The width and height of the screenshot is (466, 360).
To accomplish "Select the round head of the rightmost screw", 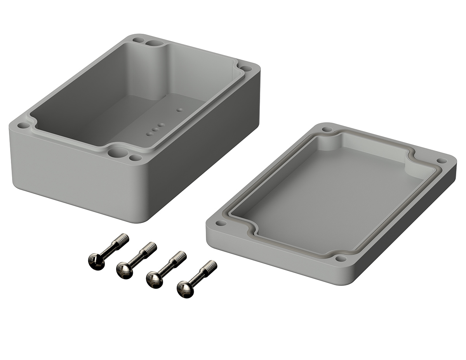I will (x=184, y=289).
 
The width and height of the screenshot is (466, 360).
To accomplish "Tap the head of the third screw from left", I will (x=154, y=280).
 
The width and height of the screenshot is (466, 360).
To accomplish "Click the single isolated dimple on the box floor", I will (x=179, y=110).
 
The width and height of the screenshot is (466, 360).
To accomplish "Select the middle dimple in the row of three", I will (x=155, y=130).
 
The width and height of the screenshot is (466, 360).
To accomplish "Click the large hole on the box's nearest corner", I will (x=115, y=152).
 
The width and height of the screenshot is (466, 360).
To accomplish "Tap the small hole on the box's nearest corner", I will (x=135, y=158).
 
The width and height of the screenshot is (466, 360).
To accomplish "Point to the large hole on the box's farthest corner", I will (x=155, y=43).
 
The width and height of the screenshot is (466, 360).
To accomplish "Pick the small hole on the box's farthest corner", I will (x=138, y=40).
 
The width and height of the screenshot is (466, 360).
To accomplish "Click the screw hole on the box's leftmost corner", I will (x=23, y=126).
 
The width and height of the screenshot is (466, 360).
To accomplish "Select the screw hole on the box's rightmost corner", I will (x=246, y=69).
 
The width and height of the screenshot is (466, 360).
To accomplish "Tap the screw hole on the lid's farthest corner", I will (x=327, y=129).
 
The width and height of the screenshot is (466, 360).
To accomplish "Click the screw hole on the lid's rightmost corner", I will (x=441, y=160).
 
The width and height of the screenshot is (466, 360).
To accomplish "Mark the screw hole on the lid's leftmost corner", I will (x=221, y=223).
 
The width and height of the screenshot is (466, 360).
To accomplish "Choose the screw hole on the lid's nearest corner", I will (x=341, y=258).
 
